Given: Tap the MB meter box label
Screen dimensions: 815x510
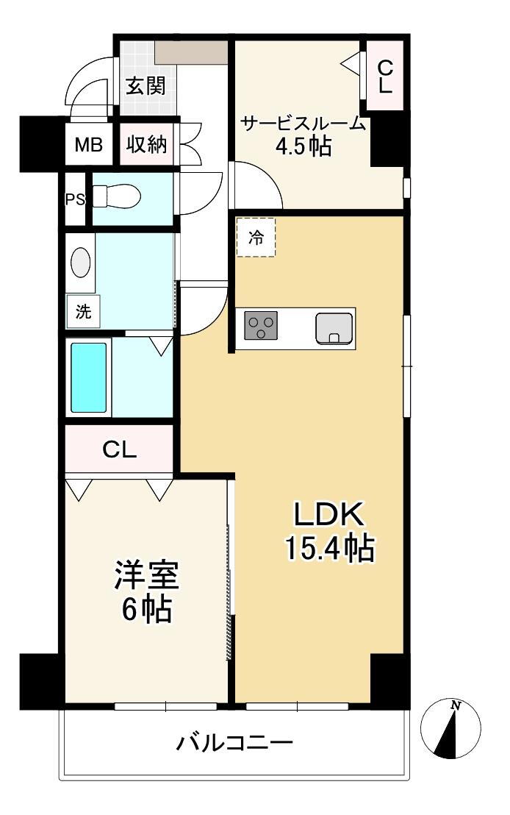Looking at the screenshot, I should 88,145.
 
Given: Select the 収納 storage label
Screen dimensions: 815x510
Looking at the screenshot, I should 147,145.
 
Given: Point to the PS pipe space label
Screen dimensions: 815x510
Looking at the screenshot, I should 74,199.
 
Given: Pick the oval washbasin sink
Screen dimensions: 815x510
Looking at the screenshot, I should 81,262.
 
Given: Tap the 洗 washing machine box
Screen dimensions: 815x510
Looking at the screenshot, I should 83,311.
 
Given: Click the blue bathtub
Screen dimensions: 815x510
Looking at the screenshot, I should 89,377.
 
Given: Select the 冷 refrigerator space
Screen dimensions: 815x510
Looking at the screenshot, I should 255,238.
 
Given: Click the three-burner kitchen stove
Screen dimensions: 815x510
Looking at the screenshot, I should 261,325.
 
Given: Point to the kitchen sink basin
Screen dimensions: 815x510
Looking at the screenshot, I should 334,327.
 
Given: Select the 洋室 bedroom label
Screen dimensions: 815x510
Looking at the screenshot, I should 146,574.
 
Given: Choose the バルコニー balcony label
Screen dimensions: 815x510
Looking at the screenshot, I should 234,742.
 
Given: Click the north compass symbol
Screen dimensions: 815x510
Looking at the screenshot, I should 450,728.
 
